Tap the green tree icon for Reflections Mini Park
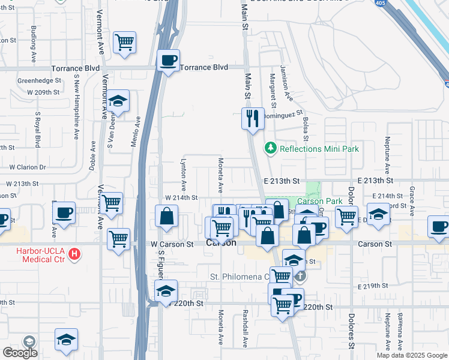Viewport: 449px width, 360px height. pyautogui.click(x=271, y=148)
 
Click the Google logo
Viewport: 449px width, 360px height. pyautogui.click(x=19, y=353)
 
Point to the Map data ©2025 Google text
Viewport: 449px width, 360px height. pyautogui.click(x=412, y=355)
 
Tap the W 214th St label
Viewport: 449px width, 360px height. pyautogui.click(x=181, y=197)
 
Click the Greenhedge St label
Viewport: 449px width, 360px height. pyautogui.click(x=40, y=80)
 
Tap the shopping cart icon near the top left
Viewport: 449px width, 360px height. pyautogui.click(x=125, y=43)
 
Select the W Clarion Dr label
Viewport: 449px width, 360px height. pyautogui.click(x=26, y=167)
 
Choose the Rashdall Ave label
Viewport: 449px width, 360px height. pyautogui.click(x=245, y=329)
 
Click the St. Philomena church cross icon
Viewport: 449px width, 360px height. pyautogui.click(x=300, y=277)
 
